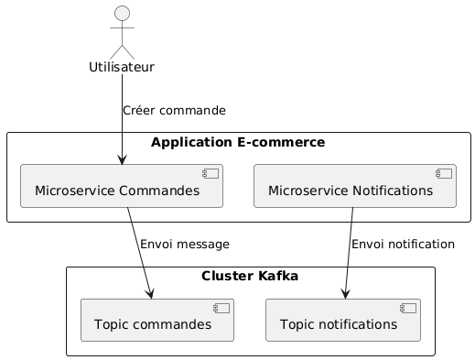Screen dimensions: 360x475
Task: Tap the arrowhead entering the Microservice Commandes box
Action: point(122,159)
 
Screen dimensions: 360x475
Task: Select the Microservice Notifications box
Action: point(354,187)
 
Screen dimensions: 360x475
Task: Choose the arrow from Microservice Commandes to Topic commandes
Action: point(138,252)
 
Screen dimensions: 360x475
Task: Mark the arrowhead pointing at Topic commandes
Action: point(149,291)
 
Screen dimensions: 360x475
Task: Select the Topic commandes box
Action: point(157,320)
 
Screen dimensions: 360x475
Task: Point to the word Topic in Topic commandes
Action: point(112,324)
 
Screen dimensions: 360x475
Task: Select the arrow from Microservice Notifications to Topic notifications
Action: point(349,252)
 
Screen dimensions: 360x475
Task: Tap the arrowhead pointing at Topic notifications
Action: point(345,291)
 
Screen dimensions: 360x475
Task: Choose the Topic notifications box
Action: point(342,320)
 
